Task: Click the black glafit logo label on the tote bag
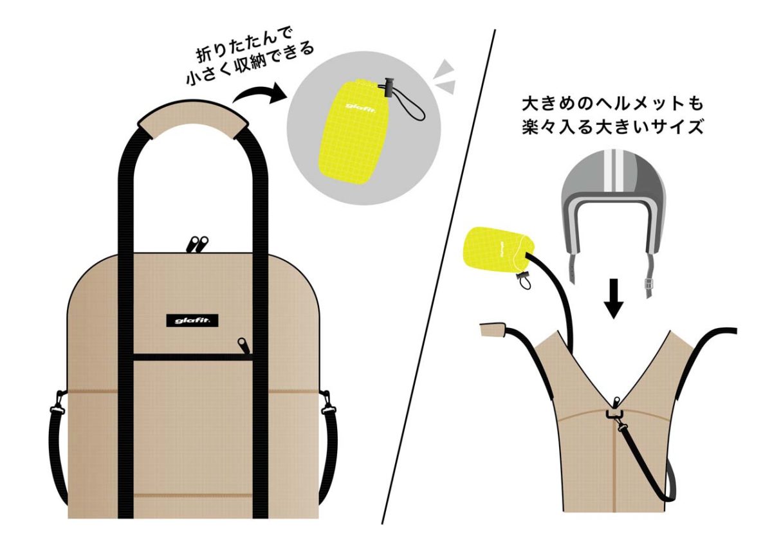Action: tap(192, 320)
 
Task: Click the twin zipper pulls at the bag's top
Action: tap(197, 244)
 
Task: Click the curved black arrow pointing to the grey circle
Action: tap(259, 94)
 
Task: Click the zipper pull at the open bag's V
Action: tap(616, 401)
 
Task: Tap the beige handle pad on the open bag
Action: tap(493, 330)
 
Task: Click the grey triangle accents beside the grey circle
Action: tap(445, 77)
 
